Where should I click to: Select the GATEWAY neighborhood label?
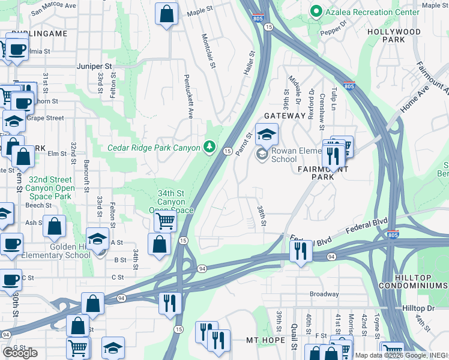285,115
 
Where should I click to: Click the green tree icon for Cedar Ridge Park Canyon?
209,146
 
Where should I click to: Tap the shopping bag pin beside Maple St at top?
167,13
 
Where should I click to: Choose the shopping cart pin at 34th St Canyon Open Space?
164,220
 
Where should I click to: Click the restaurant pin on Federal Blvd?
301,250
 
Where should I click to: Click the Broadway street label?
324,294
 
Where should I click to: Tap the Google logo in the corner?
20,353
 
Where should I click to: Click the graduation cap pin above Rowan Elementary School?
267,134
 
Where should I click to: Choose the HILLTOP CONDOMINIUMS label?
421,281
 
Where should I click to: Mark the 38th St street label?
262,215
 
